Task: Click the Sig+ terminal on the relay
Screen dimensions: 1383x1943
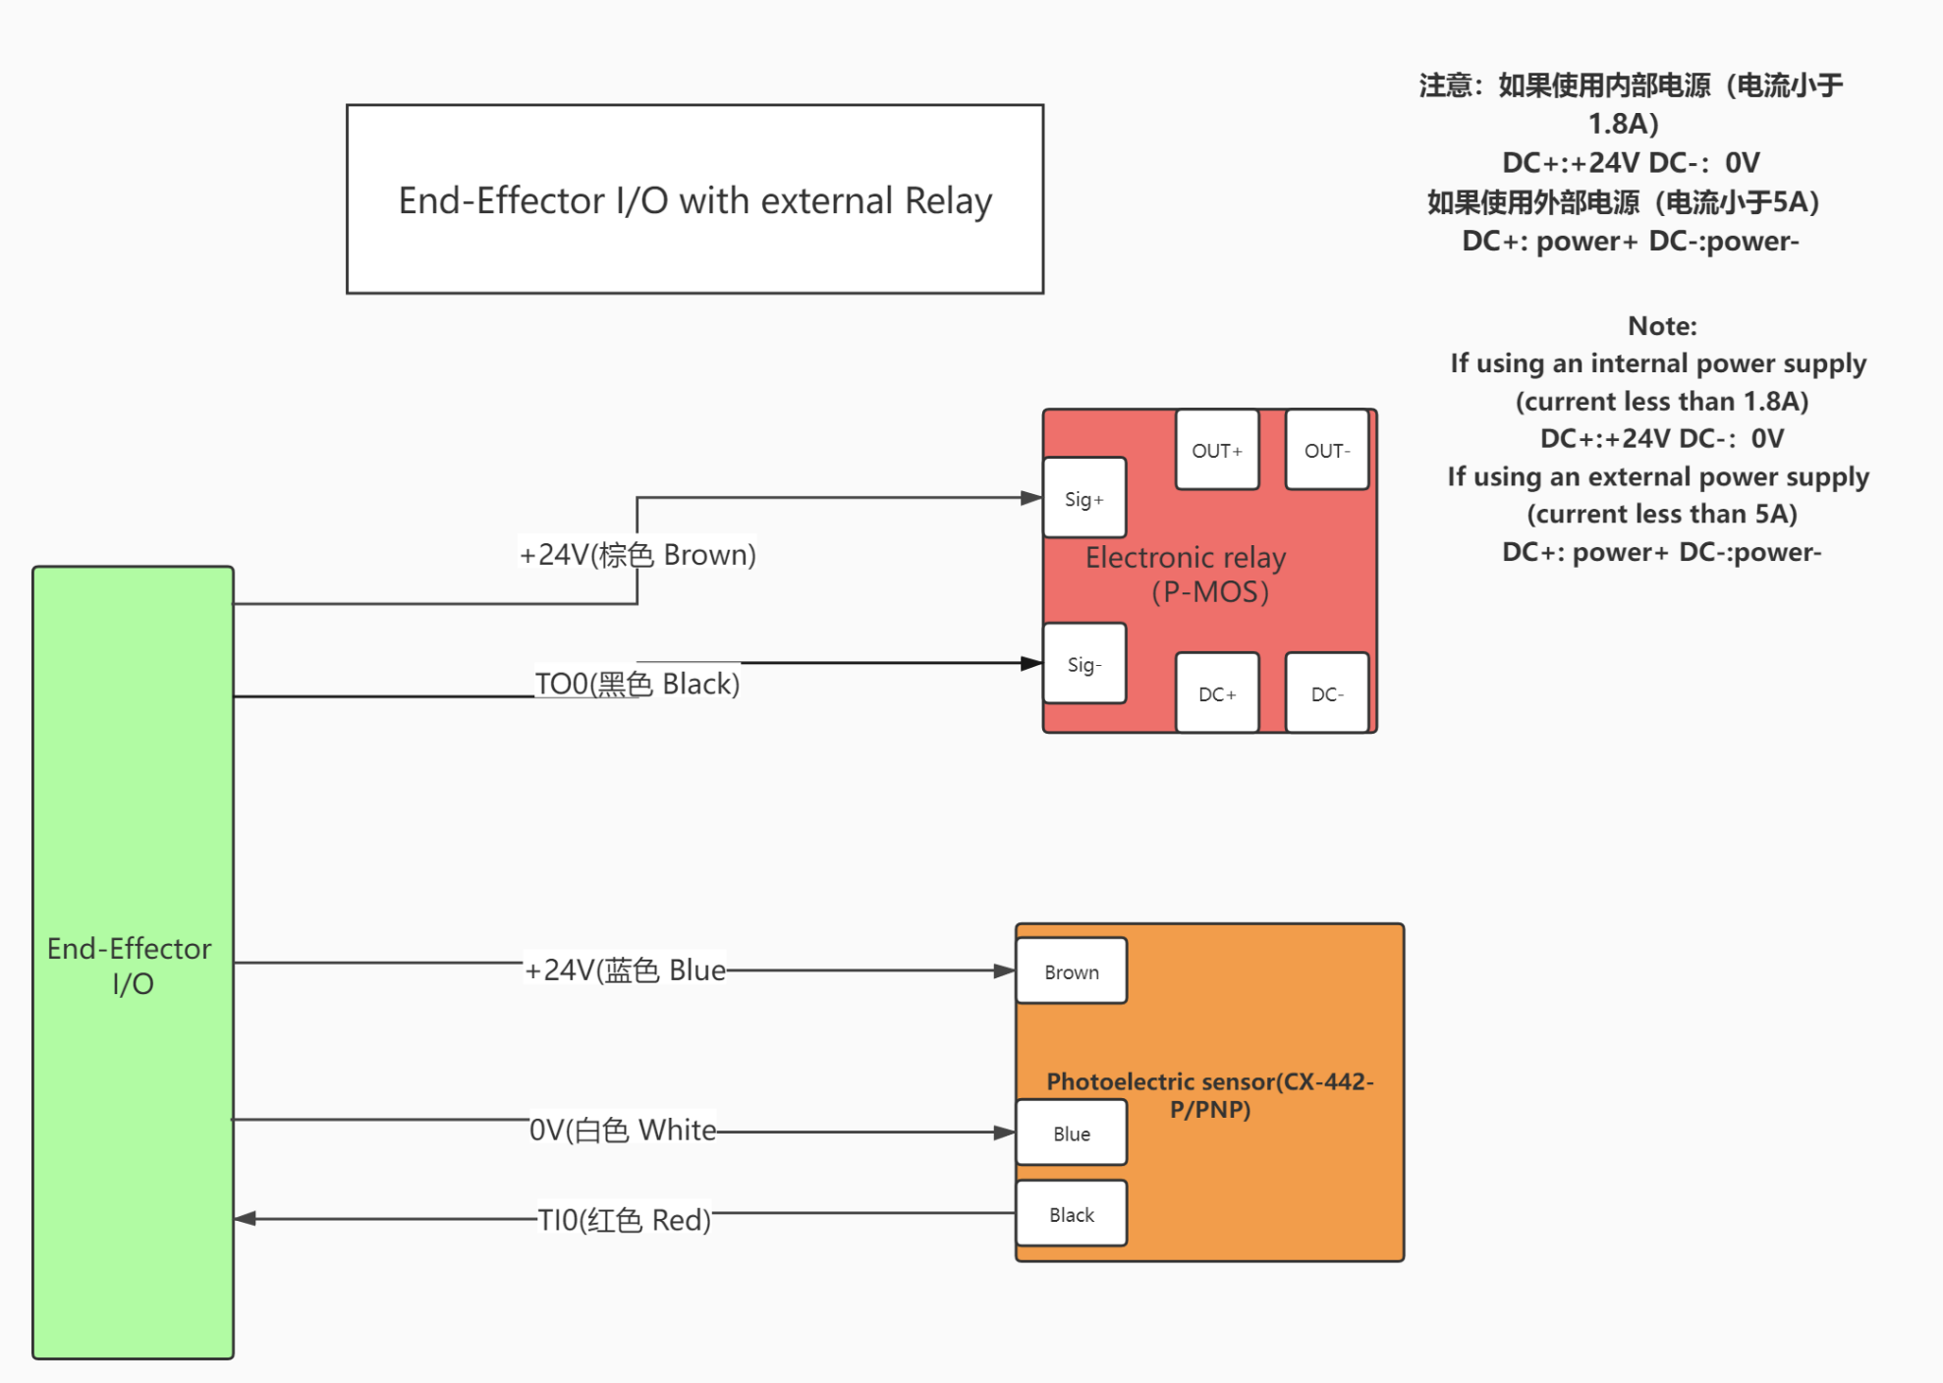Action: (1084, 498)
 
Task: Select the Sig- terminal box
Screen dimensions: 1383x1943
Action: (1084, 664)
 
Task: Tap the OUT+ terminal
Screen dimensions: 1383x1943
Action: (1217, 450)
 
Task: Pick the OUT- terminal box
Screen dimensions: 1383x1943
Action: (1327, 450)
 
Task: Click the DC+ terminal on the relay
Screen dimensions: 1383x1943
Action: (1217, 693)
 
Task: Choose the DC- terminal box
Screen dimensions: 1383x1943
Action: (1327, 693)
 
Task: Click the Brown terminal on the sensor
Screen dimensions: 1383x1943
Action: (1072, 971)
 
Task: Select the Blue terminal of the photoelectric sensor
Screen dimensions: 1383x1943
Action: (1072, 1133)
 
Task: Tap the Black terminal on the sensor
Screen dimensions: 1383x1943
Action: (1072, 1214)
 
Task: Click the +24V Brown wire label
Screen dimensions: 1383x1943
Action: (638, 554)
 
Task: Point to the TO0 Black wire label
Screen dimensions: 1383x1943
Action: (637, 684)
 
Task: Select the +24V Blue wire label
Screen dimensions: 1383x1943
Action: (625, 970)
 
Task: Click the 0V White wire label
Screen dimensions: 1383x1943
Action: (623, 1130)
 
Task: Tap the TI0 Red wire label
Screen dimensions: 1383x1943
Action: (624, 1220)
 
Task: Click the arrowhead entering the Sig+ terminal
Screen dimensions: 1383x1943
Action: (1031, 498)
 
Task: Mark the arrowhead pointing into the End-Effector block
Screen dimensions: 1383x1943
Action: (246, 1219)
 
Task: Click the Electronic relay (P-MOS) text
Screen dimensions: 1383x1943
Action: (1186, 575)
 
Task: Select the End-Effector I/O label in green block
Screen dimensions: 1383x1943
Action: (130, 966)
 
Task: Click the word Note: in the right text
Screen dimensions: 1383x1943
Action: (1662, 326)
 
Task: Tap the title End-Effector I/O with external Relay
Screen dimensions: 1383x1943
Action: (694, 200)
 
